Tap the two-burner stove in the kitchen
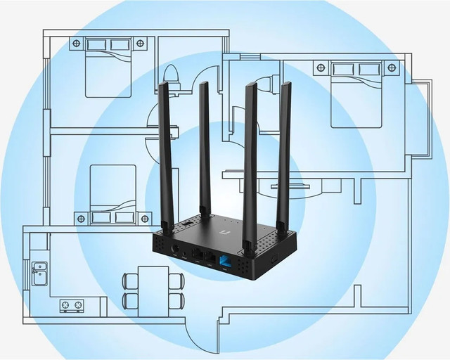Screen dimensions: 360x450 point(72,305)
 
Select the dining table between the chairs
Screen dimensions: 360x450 point(153,290)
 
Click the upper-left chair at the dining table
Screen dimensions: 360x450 point(130,281)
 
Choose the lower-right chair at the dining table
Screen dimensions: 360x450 point(176,302)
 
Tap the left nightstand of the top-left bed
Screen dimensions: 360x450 point(76,44)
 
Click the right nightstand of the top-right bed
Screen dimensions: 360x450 point(392,67)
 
